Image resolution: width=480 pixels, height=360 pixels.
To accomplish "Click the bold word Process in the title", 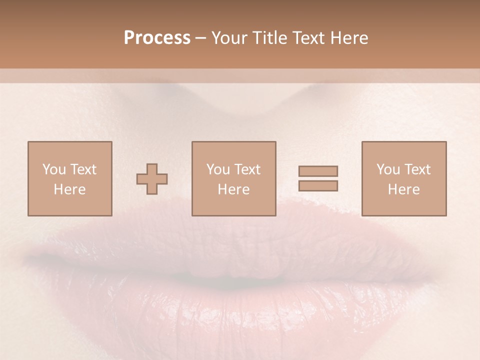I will (157, 38).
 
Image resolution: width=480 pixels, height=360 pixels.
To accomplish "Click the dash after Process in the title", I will (201, 38).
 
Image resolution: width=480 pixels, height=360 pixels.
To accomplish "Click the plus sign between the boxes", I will (152, 179).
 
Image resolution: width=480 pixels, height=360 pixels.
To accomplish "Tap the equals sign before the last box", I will (318, 178).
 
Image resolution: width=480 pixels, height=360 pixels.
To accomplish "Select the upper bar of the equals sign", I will (318, 171).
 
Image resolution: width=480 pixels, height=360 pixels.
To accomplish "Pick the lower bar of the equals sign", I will (318, 186).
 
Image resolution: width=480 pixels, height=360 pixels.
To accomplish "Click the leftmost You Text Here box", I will (69, 178).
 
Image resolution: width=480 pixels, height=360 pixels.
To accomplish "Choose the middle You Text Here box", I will (233, 178).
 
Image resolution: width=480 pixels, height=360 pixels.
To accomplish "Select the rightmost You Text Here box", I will (403, 178).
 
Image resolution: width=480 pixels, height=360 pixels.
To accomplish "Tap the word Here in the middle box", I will (233, 189).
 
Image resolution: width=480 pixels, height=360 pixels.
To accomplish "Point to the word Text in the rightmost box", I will (416, 169).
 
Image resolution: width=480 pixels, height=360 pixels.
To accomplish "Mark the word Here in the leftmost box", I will (69, 189).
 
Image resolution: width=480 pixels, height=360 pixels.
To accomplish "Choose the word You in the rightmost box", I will (388, 169).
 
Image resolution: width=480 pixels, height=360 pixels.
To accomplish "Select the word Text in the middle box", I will (247, 169).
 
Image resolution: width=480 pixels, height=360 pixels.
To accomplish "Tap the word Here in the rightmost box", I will (403, 189).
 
